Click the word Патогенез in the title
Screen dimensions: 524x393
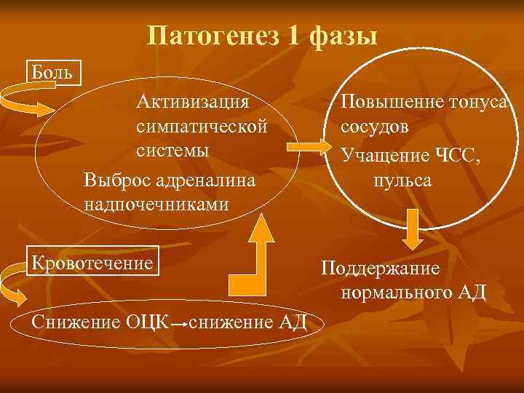pyautogui.click(x=212, y=35)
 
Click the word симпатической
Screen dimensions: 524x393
pyautogui.click(x=202, y=126)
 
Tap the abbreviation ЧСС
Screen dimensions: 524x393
pyautogui.click(x=457, y=154)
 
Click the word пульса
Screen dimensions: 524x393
pyautogui.click(x=402, y=179)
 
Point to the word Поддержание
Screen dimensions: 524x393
pyautogui.click(x=381, y=269)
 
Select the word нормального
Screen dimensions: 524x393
pyautogui.click(x=396, y=293)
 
